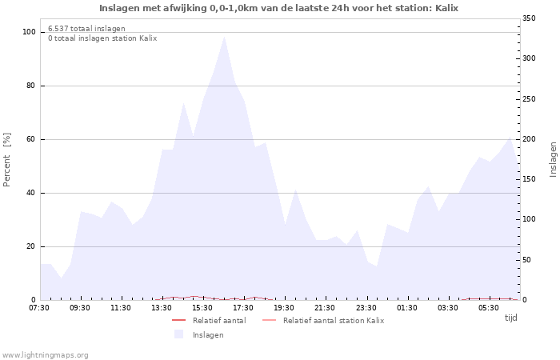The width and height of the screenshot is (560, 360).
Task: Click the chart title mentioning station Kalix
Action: [279, 8]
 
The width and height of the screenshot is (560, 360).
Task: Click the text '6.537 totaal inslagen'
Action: [86, 29]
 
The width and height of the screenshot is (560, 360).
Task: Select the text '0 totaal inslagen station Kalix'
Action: [102, 38]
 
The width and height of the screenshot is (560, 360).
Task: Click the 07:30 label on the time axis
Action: [39, 308]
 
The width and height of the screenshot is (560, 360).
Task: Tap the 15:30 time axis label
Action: [202, 308]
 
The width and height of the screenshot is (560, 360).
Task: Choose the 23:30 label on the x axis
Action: [366, 308]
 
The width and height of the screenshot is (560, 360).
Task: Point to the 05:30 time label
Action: [488, 308]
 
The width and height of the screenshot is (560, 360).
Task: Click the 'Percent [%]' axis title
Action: [7, 159]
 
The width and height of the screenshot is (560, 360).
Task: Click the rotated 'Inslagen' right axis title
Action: [552, 159]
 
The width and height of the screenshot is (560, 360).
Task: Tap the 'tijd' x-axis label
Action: [510, 318]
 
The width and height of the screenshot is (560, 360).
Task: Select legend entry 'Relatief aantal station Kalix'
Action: [333, 320]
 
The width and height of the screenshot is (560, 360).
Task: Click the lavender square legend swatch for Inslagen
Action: [178, 334]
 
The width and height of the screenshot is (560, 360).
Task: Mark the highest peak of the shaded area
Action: [224, 37]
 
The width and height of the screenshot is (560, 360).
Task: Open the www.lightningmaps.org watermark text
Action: [45, 354]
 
